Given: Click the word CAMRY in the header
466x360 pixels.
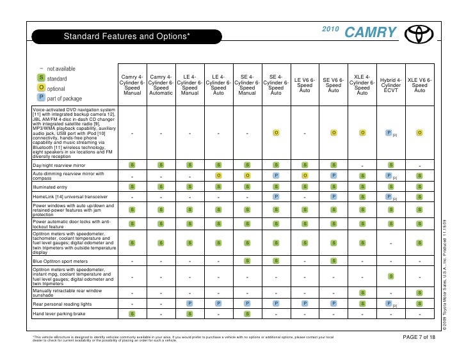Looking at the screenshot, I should (x=371, y=32).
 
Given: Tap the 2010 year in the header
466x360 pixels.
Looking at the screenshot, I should (x=330, y=31).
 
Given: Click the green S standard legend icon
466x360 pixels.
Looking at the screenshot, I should (x=41, y=77).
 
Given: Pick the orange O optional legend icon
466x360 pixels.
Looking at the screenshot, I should (x=41, y=88).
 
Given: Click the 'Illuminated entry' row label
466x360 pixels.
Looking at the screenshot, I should (x=51, y=186).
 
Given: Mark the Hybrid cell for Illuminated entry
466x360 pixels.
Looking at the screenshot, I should (x=390, y=186).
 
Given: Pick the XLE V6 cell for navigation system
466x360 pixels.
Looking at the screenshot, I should (x=419, y=133).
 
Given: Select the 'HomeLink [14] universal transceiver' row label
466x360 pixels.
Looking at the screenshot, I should (x=70, y=197).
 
